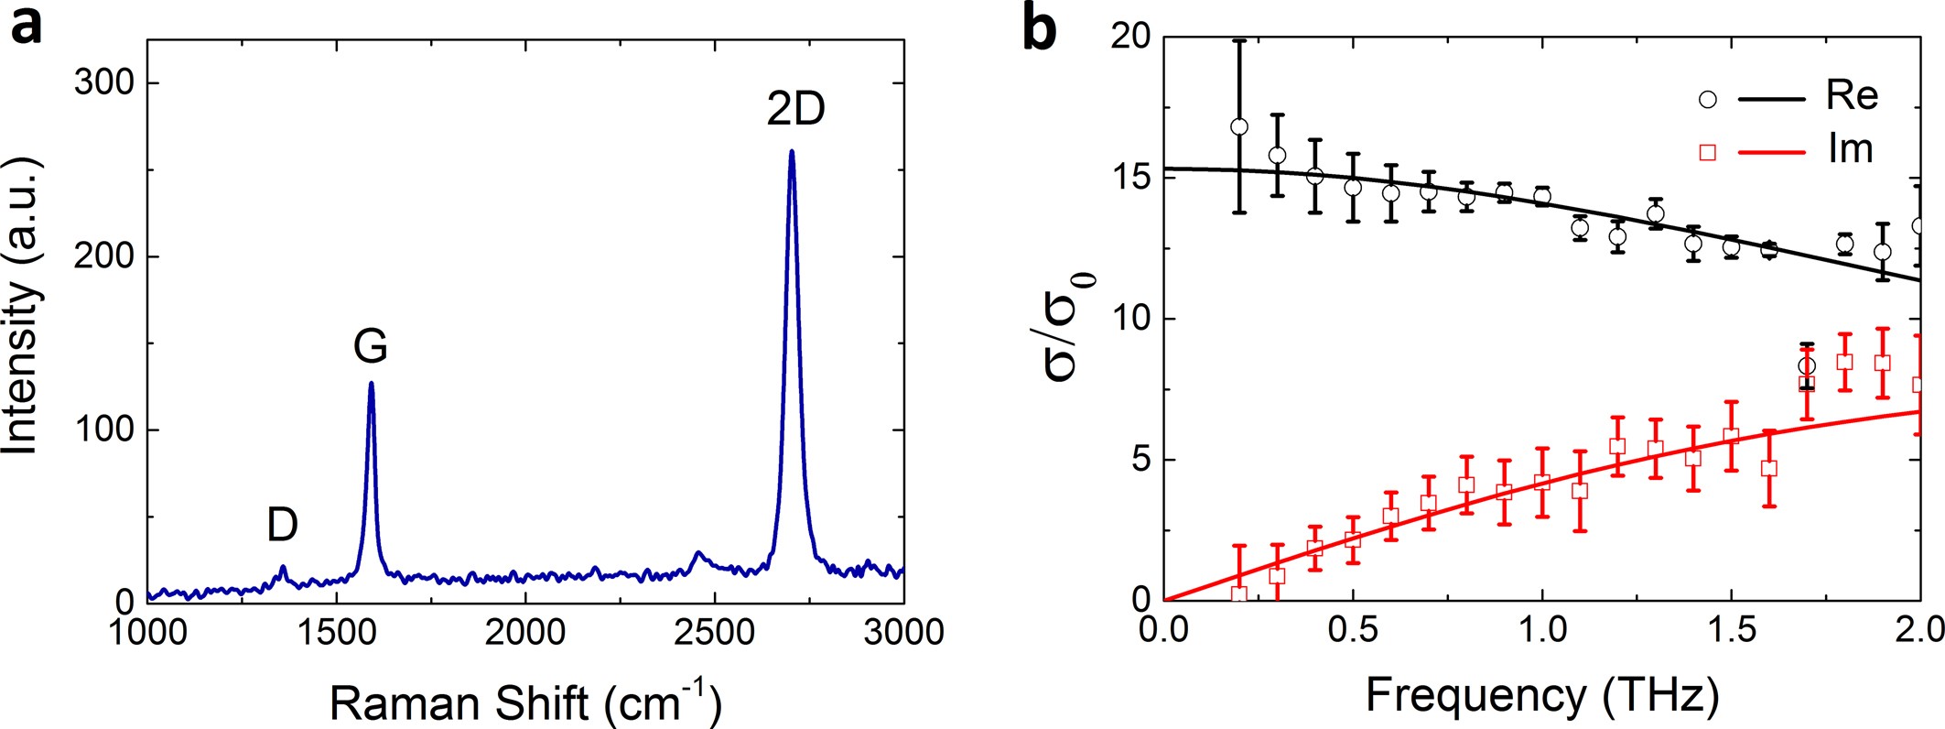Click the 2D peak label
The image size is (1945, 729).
pyautogui.click(x=795, y=110)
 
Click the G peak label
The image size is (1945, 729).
pyautogui.click(x=371, y=347)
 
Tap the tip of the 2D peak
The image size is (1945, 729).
pyautogui.click(x=792, y=152)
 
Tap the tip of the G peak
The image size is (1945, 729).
pyautogui.click(x=371, y=384)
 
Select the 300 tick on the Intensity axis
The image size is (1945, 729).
pyautogui.click(x=103, y=83)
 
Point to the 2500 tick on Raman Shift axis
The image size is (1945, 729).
pyautogui.click(x=715, y=632)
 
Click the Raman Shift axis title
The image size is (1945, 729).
pyautogui.click(x=525, y=702)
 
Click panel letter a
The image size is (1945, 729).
pyautogui.click(x=26, y=27)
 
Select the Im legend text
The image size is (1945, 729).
pyautogui.click(x=1850, y=149)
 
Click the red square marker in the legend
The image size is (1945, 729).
pyautogui.click(x=1707, y=152)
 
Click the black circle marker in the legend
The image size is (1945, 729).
pyautogui.click(x=1707, y=99)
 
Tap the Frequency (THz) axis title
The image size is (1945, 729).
pyautogui.click(x=1541, y=696)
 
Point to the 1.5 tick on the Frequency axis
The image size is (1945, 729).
pyautogui.click(x=1731, y=630)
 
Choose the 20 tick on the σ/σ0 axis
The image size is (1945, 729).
pyautogui.click(x=1130, y=38)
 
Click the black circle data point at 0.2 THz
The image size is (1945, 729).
pyautogui.click(x=1239, y=127)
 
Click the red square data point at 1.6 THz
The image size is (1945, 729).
pyautogui.click(x=1769, y=468)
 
